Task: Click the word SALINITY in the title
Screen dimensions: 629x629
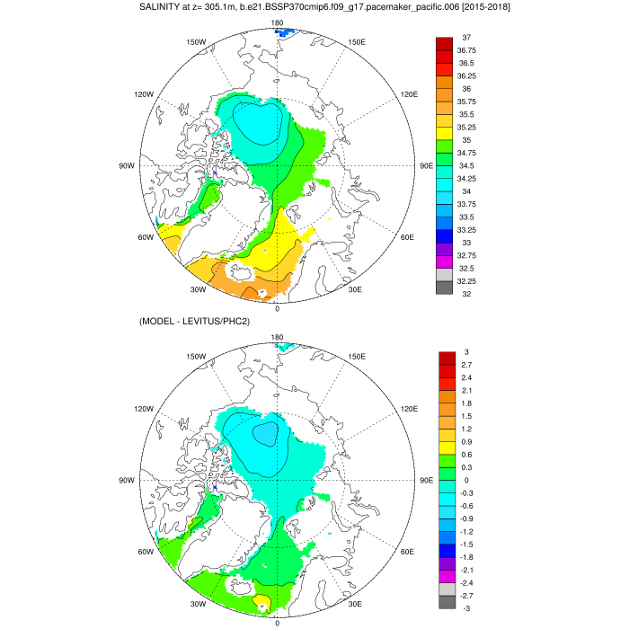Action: [164, 7]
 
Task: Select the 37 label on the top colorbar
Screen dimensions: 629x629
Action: [466, 37]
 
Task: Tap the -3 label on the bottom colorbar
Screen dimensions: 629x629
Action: [465, 608]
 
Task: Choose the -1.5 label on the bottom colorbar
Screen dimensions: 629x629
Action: [466, 545]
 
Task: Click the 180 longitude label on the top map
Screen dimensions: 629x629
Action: [277, 22]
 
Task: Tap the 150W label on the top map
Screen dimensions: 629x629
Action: [197, 41]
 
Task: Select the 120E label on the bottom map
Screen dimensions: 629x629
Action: [410, 409]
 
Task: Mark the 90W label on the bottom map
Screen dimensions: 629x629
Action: [126, 480]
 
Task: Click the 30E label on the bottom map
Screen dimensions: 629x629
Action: [354, 604]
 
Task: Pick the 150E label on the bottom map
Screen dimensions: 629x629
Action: [357, 357]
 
